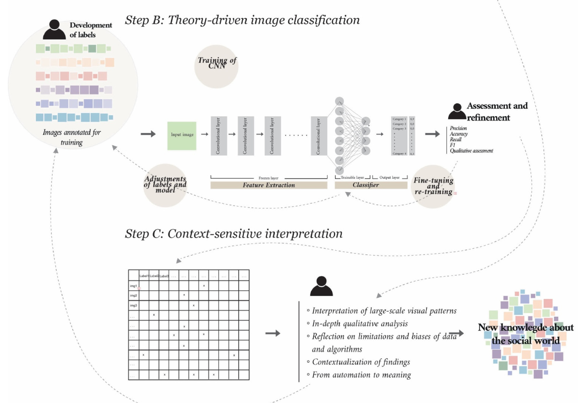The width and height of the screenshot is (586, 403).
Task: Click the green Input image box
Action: pyautogui.click(x=182, y=136)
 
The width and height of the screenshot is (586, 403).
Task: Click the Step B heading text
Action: pyautogui.click(x=242, y=21)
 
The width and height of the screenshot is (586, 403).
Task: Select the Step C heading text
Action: pyautogui.click(x=233, y=234)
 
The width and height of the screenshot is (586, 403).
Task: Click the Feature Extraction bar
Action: pyautogui.click(x=269, y=185)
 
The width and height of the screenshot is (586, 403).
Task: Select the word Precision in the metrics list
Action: pyautogui.click(x=458, y=129)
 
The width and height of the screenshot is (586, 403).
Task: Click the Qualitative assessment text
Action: pyautogui.click(x=471, y=150)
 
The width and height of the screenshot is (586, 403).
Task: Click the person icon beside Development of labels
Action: pyautogui.click(x=54, y=30)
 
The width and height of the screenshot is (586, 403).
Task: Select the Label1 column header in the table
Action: pyautogui.click(x=144, y=276)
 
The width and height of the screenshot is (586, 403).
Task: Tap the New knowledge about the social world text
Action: pyautogui.click(x=525, y=334)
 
